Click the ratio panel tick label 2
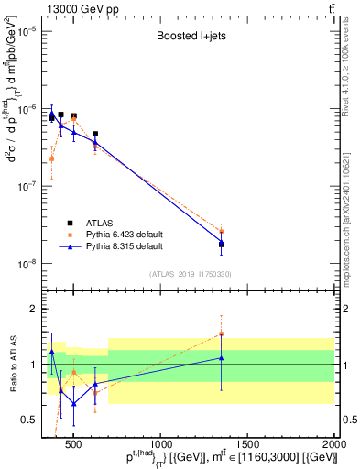click(x=31, y=309)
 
